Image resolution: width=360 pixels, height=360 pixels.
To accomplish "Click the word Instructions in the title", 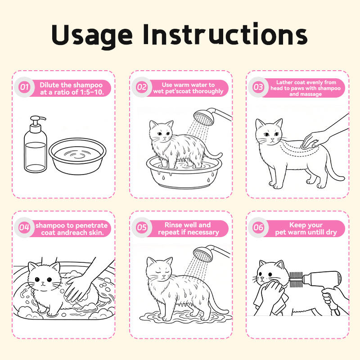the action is pyautogui.click(x=225, y=34).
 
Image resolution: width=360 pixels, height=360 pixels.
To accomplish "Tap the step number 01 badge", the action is pyautogui.click(x=24, y=87).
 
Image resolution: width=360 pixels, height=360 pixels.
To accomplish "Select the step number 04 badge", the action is pyautogui.click(x=24, y=228).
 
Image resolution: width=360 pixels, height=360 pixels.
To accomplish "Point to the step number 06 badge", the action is pyautogui.click(x=258, y=228).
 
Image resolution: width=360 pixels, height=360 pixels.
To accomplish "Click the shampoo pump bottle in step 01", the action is pyautogui.click(x=36, y=144).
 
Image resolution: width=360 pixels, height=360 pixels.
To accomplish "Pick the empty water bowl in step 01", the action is pyautogui.click(x=77, y=156).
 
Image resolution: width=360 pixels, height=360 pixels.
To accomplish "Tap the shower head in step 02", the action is pyautogui.click(x=204, y=117).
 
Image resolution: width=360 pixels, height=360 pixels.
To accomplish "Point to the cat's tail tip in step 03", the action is pyautogui.click(x=342, y=178).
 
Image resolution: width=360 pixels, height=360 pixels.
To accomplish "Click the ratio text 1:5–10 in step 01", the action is pyautogui.click(x=92, y=92).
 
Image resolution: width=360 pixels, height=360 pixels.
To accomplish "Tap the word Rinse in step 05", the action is pyautogui.click(x=173, y=225).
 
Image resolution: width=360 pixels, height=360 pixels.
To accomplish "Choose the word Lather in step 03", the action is pyautogui.click(x=284, y=82).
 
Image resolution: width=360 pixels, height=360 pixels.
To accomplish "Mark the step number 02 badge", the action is pyautogui.click(x=142, y=87).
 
